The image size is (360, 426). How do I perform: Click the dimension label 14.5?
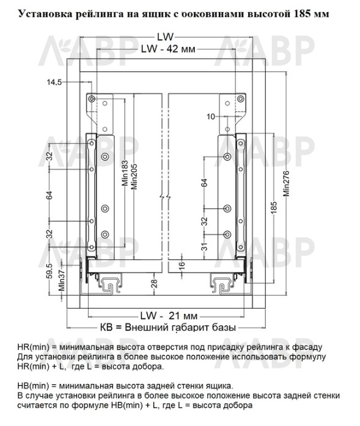pos(54,82)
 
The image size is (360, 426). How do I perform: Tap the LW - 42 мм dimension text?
pos(168,49)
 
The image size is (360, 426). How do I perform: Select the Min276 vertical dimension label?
pos(287,183)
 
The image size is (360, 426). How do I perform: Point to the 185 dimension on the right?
pos(274,207)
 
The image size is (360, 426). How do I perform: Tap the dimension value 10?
pos(211,117)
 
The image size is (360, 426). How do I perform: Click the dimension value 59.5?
pos(50,271)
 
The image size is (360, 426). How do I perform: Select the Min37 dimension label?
pos(62,281)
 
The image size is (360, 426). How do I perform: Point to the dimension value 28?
pos(154,284)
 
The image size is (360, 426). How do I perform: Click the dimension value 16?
pos(182,265)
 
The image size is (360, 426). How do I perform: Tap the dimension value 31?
pos(205,246)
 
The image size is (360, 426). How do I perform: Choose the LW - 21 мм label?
pos(169,316)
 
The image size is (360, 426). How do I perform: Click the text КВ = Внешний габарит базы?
pos(168,328)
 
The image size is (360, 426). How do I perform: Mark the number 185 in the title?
pos(303,13)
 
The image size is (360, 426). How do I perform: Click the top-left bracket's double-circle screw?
pos(92,99)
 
